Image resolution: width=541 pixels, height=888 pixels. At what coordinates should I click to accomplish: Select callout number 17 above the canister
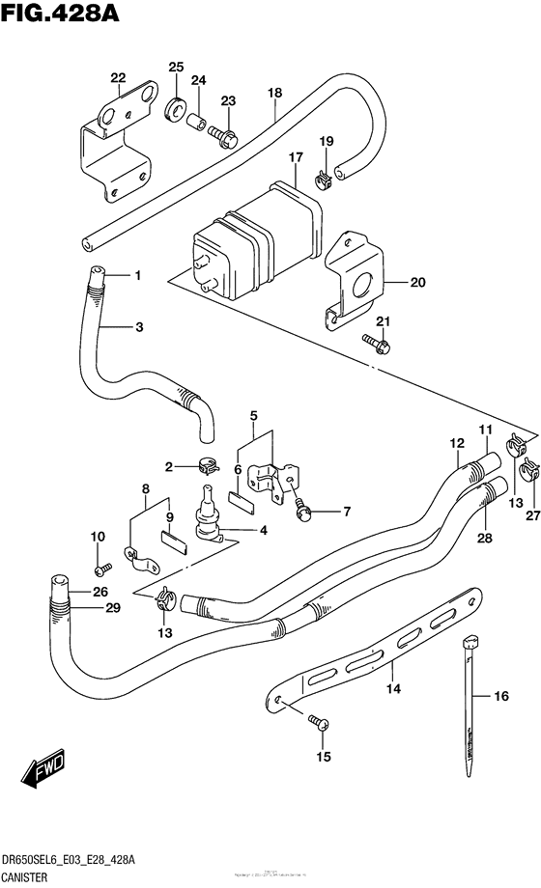click(294, 156)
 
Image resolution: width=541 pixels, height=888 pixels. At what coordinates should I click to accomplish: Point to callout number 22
click(118, 78)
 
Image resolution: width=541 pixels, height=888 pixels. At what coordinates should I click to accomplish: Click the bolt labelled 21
click(376, 341)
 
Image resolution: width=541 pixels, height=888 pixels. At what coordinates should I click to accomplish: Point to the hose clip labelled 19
click(324, 176)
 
